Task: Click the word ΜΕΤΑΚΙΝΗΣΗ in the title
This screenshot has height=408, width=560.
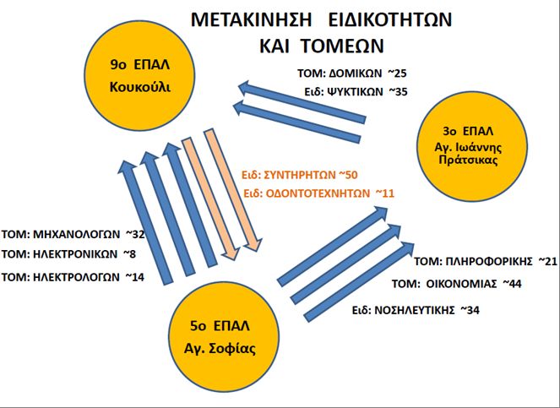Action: tap(251, 19)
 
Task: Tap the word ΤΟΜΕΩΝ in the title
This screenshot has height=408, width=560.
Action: tap(342, 46)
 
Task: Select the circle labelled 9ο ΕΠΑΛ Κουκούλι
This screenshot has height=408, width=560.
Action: tap(140, 75)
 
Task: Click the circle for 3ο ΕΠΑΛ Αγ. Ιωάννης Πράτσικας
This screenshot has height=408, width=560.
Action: tap(472, 147)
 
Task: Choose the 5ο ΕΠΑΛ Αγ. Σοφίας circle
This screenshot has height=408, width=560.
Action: tap(224, 336)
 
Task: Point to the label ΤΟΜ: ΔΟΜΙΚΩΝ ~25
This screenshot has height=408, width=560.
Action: tap(352, 73)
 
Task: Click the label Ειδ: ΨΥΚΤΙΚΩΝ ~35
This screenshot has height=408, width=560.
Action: tap(356, 92)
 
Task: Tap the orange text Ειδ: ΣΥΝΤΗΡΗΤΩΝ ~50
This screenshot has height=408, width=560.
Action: tap(300, 175)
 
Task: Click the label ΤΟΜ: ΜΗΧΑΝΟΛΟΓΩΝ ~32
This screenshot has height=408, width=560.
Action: tap(73, 234)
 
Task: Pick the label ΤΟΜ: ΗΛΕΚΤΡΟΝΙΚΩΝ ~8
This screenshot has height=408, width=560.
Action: tap(68, 254)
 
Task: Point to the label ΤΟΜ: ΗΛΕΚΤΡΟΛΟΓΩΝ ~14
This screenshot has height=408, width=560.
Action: tap(73, 277)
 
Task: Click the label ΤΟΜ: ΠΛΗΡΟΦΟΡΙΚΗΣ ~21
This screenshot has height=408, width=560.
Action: tap(486, 262)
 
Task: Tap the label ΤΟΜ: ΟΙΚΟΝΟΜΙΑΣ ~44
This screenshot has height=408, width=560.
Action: tap(457, 284)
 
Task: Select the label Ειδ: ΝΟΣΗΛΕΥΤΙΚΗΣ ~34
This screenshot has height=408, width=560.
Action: tap(416, 310)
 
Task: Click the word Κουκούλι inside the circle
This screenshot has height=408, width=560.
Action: tap(140, 87)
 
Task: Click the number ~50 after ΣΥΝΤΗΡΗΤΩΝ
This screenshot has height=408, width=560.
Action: tap(348, 175)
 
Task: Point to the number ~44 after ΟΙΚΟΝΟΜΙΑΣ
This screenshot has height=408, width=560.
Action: tap(512, 284)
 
